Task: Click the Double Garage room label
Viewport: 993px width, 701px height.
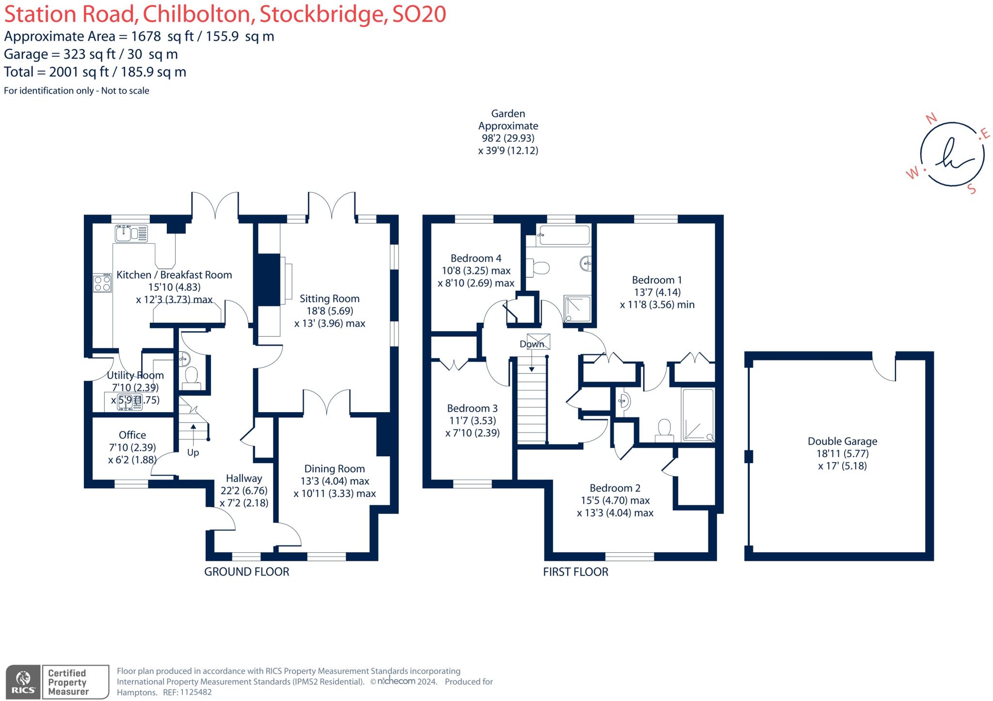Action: point(842,441)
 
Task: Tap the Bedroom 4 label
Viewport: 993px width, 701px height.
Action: point(476,258)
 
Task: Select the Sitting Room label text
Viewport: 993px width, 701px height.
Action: point(329,299)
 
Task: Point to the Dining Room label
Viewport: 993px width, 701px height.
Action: point(334,469)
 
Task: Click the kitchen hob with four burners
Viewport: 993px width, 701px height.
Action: point(102,283)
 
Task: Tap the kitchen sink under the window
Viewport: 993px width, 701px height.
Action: point(131,234)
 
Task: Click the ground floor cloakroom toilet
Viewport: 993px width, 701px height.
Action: point(191,377)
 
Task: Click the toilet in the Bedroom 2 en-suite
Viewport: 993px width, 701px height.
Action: point(664,430)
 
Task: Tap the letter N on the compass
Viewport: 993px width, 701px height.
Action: point(931,119)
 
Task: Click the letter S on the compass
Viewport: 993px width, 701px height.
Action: point(971,189)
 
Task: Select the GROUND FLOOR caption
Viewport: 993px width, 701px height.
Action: point(246,572)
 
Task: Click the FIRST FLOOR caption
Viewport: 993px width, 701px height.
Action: point(575,572)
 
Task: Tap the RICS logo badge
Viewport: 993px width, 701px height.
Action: point(23,682)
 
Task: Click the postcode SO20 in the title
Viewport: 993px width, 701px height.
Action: point(419,14)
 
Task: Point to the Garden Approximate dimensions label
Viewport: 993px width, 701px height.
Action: point(508,132)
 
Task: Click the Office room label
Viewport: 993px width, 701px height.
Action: point(132,435)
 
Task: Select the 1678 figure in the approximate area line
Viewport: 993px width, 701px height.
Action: point(146,36)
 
